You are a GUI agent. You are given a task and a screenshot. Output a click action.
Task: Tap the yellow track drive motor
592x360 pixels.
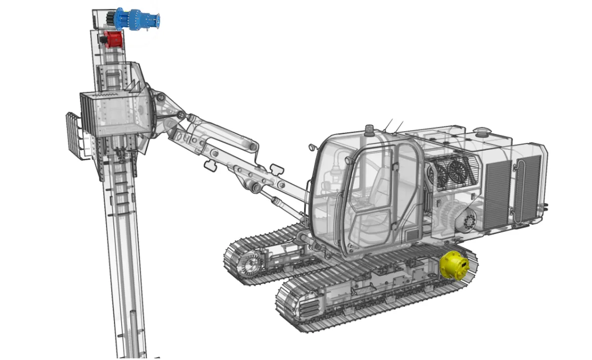pyautogui.click(x=454, y=265)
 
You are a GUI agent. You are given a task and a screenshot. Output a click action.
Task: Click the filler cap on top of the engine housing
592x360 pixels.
pyautogui.click(x=481, y=132)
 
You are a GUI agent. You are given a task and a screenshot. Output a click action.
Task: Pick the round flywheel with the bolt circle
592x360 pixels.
pyautogui.click(x=469, y=220)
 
